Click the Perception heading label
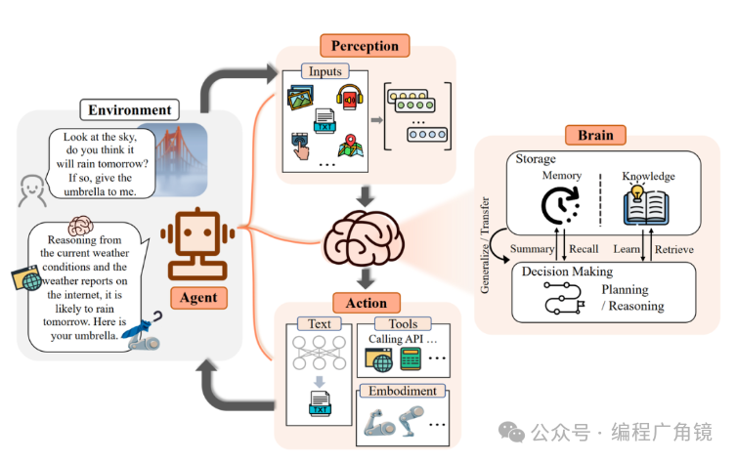pos(365,45)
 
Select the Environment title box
pos(130,110)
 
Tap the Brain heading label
pos(594,136)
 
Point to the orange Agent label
pos(199,297)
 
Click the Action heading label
pos(366,302)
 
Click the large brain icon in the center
pos(364,235)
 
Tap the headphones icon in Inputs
pos(349,98)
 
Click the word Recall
pos(584,250)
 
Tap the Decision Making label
pos(567,272)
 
